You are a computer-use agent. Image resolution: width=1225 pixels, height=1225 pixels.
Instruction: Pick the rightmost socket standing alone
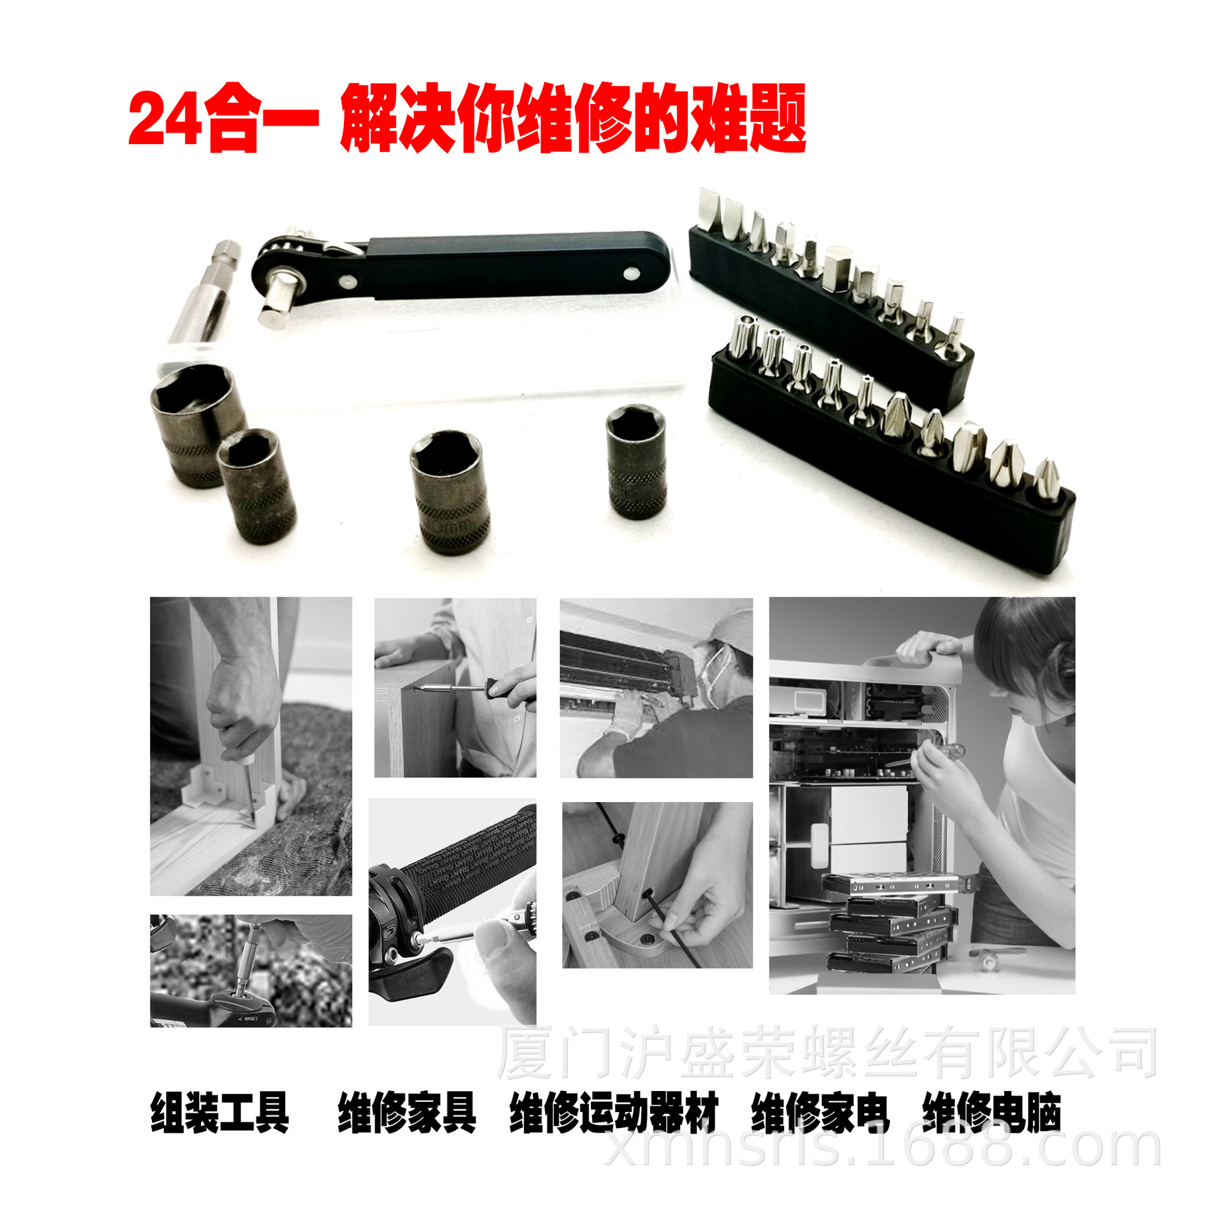click(x=637, y=461)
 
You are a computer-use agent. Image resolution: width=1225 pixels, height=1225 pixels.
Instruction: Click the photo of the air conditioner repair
click(x=656, y=688)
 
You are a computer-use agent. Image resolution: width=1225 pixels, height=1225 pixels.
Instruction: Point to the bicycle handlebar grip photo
click(x=452, y=910)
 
